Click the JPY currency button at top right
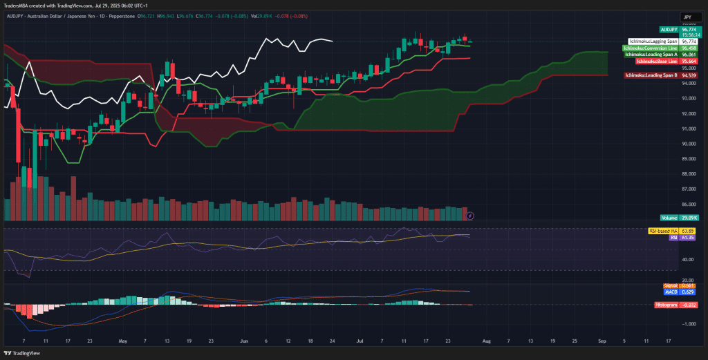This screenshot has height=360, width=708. (687, 17)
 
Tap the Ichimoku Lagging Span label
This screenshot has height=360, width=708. (653, 41)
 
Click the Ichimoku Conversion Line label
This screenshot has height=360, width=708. (650, 48)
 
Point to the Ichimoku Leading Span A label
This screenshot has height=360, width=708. (650, 55)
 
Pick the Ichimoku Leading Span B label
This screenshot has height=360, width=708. (650, 75)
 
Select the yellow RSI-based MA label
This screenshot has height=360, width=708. (662, 231)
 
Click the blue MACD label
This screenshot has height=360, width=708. (670, 292)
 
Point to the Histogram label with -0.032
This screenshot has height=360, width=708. (666, 304)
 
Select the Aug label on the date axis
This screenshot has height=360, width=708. (486, 341)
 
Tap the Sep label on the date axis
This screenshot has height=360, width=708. (602, 341)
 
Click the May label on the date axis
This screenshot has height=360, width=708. (123, 341)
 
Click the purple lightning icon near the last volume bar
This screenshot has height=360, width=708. (470, 216)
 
